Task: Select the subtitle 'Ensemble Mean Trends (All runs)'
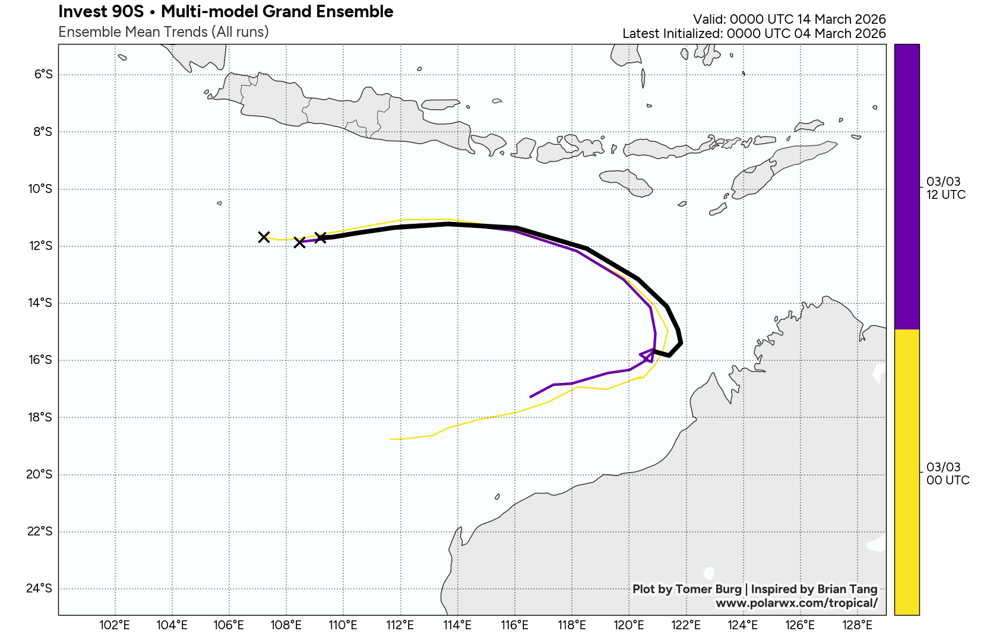point(163,32)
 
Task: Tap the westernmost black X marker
point(264,237)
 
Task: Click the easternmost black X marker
point(321,237)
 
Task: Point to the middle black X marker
point(299,242)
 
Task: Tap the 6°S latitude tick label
point(43,74)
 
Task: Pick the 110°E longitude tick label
point(343,625)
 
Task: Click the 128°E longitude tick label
point(857,625)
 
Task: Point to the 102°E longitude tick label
point(115,625)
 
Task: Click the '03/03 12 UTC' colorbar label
point(945,188)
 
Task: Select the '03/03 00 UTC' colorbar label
point(947,474)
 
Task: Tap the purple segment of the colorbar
point(906,186)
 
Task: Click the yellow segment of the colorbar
point(906,472)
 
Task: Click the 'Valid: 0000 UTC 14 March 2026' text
point(789,20)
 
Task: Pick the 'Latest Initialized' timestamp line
point(754,34)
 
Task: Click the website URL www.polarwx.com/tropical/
point(796,603)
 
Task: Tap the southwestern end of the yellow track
point(391,439)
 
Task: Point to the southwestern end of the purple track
point(530,397)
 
